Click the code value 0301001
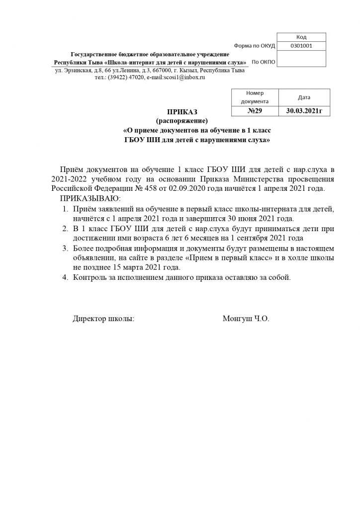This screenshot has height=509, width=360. click(301, 46)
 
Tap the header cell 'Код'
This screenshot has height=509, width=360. click(301, 37)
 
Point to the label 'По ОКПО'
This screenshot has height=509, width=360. click(263, 62)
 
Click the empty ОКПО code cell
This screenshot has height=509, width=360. click(301, 60)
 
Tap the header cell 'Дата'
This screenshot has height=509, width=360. click(304, 97)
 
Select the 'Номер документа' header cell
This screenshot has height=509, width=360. click(255, 97)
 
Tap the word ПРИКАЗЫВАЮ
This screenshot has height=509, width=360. click(90, 198)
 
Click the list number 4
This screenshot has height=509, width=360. click(65, 277)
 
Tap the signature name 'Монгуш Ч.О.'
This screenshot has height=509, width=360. click(246, 319)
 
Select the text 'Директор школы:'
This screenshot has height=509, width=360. click(103, 319)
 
